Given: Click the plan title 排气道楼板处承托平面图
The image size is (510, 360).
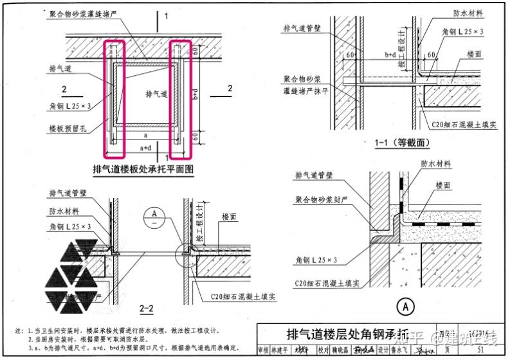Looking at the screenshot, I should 143,170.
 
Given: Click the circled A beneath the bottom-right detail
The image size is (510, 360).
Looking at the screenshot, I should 405,308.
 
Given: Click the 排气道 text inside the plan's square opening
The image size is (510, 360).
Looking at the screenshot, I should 156,94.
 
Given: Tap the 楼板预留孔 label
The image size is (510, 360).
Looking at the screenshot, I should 67,129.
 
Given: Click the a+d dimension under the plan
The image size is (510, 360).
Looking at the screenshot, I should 147,148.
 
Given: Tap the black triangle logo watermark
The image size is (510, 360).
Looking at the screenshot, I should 73,269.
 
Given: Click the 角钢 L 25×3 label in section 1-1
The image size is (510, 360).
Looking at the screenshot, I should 462,31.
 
